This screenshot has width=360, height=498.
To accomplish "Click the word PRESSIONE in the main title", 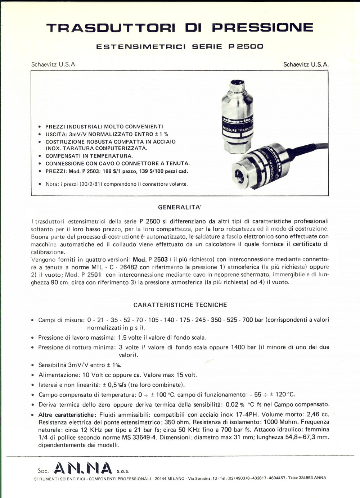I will tap(262, 28).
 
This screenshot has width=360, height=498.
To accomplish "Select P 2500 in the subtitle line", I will tap(246, 46).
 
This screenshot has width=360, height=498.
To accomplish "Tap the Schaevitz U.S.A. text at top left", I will tap(54, 64).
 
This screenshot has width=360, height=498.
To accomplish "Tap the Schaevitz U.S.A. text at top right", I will tap(306, 64).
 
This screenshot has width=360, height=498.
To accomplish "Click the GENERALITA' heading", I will tap(180, 207).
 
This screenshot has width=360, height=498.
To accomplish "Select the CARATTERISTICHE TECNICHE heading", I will tap(180, 305).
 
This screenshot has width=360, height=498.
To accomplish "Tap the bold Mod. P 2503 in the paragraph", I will tap(150, 259).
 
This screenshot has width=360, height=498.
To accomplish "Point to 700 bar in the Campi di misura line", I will tap(248, 320).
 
